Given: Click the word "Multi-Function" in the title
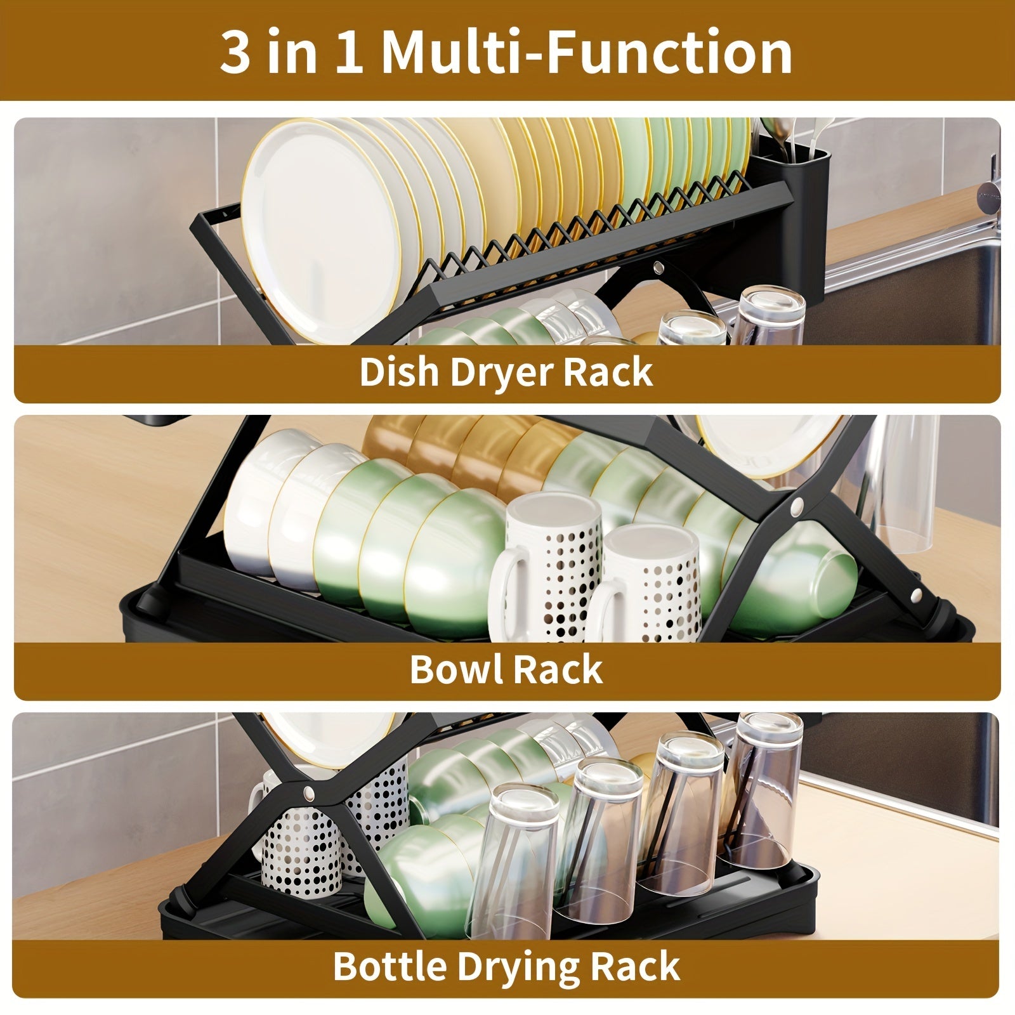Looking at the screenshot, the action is tap(587, 52).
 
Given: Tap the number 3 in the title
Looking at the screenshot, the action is tap(235, 52).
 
